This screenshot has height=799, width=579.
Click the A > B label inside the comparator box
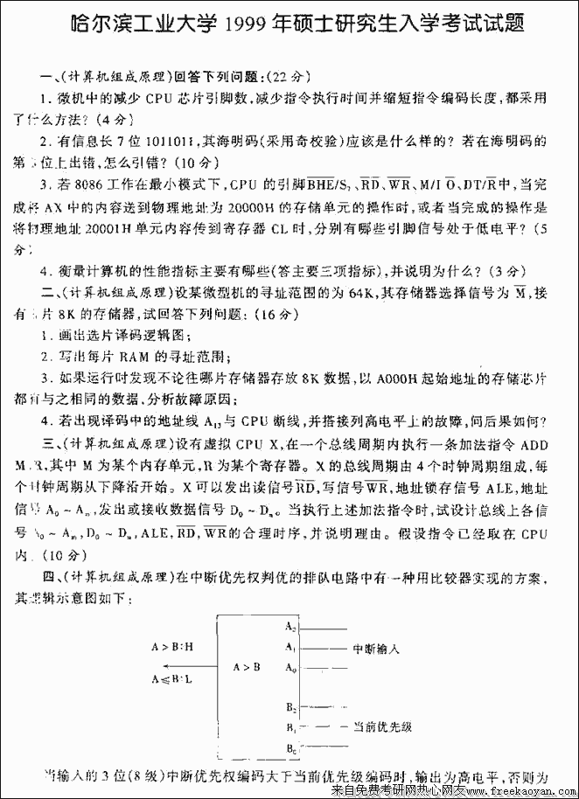click(247, 667)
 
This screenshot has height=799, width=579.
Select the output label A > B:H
click(172, 647)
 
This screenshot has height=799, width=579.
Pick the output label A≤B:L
click(171, 678)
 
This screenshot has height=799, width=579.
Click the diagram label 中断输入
click(376, 649)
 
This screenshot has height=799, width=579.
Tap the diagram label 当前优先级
click(382, 726)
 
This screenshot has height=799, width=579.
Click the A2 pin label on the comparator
click(291, 627)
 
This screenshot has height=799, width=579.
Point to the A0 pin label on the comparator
click(291, 668)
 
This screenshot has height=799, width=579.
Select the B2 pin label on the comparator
click(291, 705)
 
